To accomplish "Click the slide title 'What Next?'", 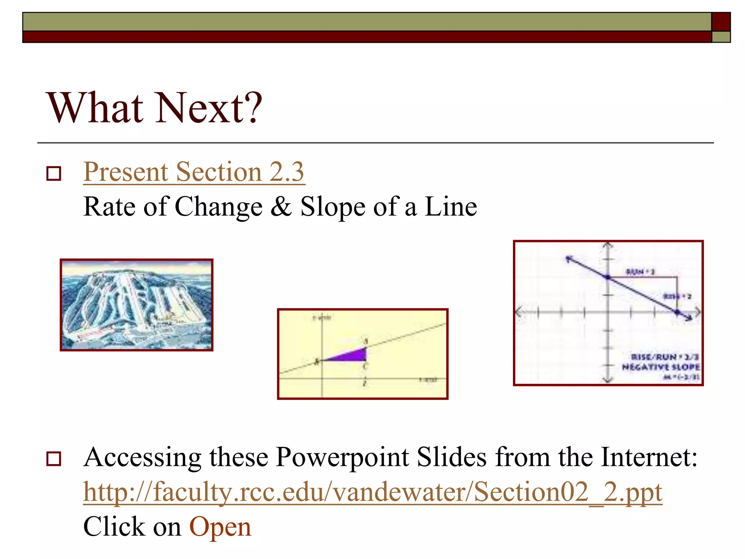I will click(154, 108).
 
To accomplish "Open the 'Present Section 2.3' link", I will click(194, 172).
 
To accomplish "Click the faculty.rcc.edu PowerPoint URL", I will click(372, 492).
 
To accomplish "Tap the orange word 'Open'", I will click(220, 527).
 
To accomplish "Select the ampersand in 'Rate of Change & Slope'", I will click(281, 207).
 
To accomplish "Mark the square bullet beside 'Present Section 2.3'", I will click(54, 174).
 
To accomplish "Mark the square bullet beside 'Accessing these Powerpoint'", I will click(54, 459).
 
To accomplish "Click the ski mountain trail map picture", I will click(136, 305).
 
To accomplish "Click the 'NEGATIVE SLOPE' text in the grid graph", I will click(661, 367).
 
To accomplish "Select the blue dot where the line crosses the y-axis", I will click(608, 278).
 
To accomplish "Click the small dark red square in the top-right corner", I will click(721, 22).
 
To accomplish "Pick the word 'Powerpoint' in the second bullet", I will click(342, 457).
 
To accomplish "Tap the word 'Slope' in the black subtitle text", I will click(332, 207).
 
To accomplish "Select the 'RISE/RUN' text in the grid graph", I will click(654, 357).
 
